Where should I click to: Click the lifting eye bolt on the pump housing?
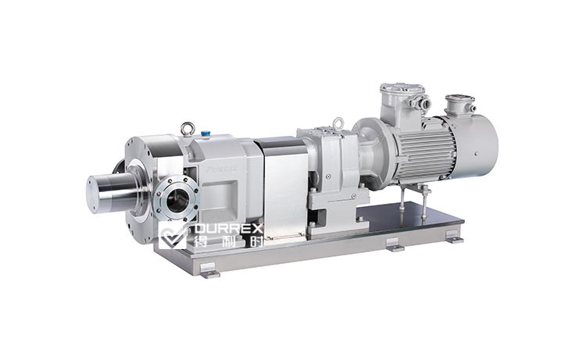point(188,128)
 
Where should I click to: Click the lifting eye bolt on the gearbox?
point(338,123)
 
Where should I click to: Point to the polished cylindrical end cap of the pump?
point(105,192)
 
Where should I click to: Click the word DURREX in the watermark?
point(227,230)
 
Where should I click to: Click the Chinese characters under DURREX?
point(227,243)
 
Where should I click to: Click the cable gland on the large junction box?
point(423,102)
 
